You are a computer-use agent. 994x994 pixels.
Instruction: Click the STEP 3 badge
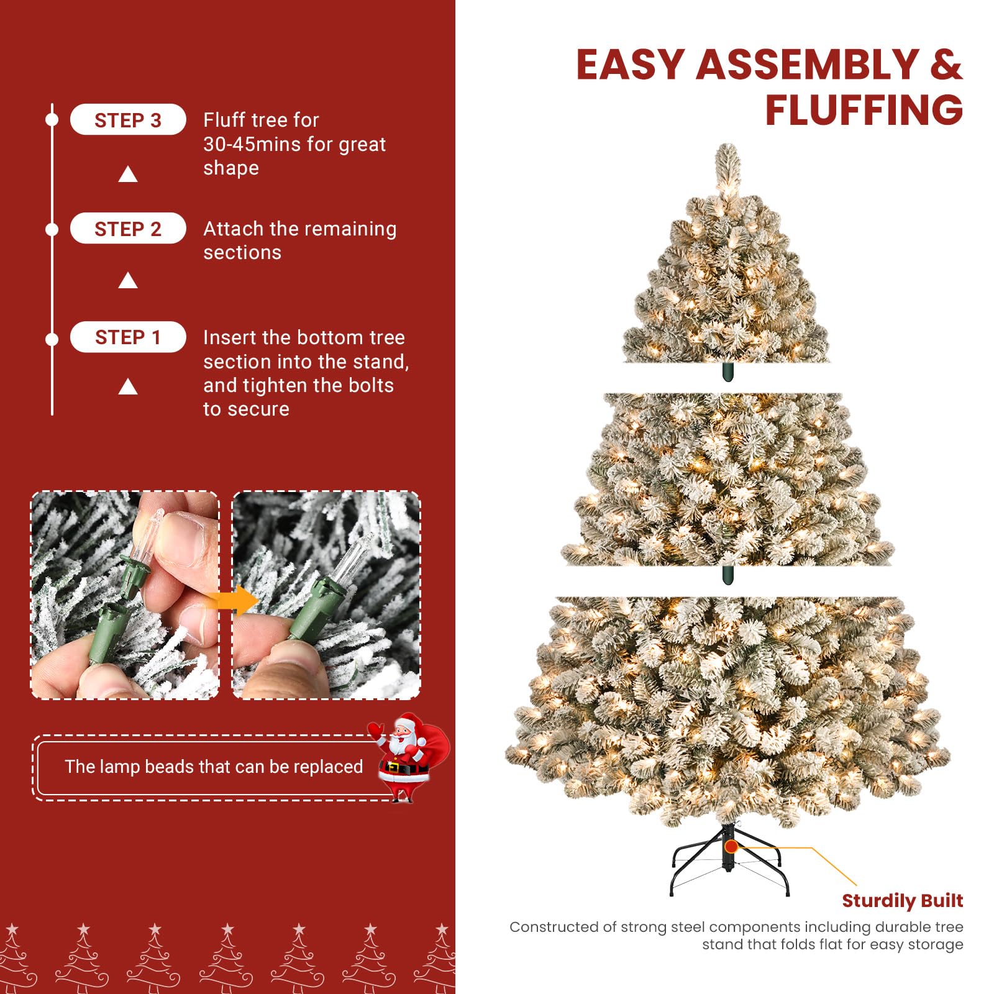click(x=127, y=120)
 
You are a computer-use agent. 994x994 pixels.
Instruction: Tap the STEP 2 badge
click(x=127, y=229)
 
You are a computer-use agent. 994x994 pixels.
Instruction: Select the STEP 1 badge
click(x=127, y=337)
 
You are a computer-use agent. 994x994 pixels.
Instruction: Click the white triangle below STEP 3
click(x=128, y=175)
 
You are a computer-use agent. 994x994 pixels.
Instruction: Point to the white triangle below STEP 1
click(x=128, y=387)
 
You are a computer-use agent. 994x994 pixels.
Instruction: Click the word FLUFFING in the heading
click(x=864, y=110)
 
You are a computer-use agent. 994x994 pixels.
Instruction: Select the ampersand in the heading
click(x=946, y=65)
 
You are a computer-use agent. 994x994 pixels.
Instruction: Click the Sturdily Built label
click(x=902, y=900)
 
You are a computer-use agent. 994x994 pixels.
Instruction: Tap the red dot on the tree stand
click(x=731, y=846)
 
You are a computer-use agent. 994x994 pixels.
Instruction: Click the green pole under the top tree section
click(x=728, y=372)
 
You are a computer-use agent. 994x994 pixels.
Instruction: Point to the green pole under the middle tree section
click(x=728, y=575)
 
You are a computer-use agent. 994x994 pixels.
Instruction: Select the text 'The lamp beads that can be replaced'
click(x=214, y=767)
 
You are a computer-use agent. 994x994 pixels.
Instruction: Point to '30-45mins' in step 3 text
click(x=247, y=144)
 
